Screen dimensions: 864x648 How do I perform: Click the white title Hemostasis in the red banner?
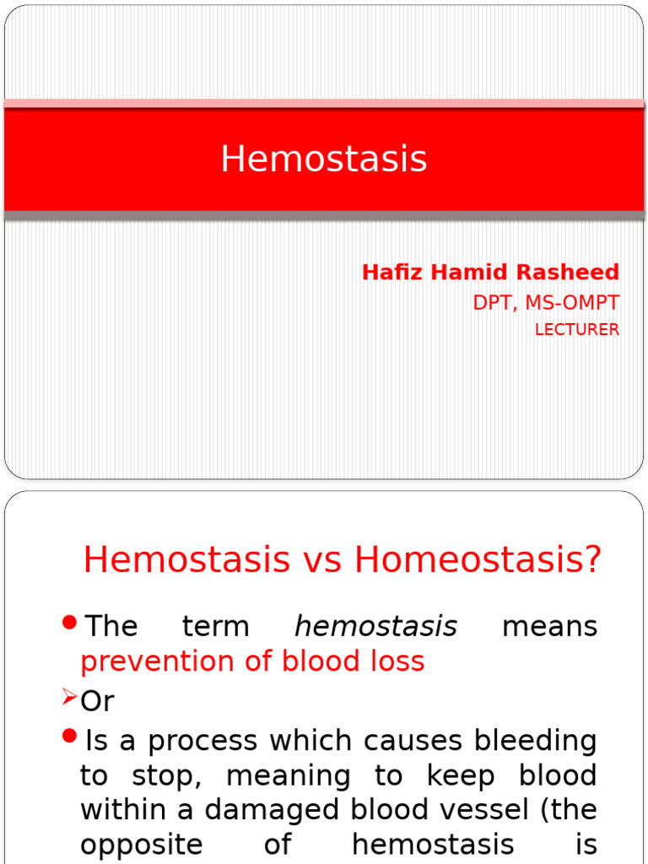[x=324, y=159]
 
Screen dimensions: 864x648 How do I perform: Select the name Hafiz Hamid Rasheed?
[x=490, y=273]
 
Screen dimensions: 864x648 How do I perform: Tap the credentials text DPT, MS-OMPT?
[x=546, y=303]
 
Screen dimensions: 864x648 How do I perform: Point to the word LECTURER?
[x=577, y=330]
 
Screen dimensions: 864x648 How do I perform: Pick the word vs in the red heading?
[x=321, y=560]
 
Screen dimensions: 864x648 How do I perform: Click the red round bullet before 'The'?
[x=70, y=624]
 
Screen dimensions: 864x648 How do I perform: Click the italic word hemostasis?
[x=375, y=627]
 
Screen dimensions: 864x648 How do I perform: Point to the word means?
[x=549, y=627]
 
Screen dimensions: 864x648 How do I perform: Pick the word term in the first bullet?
[x=215, y=627]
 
